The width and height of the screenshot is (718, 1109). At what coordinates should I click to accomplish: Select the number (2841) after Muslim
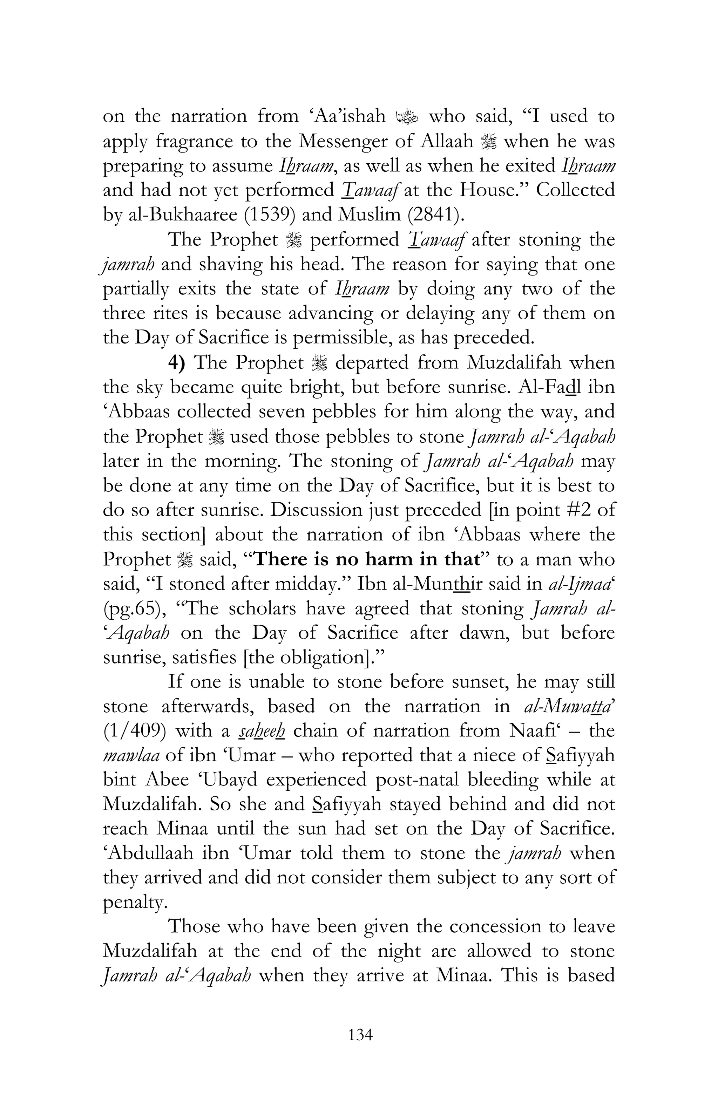(x=427, y=215)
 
